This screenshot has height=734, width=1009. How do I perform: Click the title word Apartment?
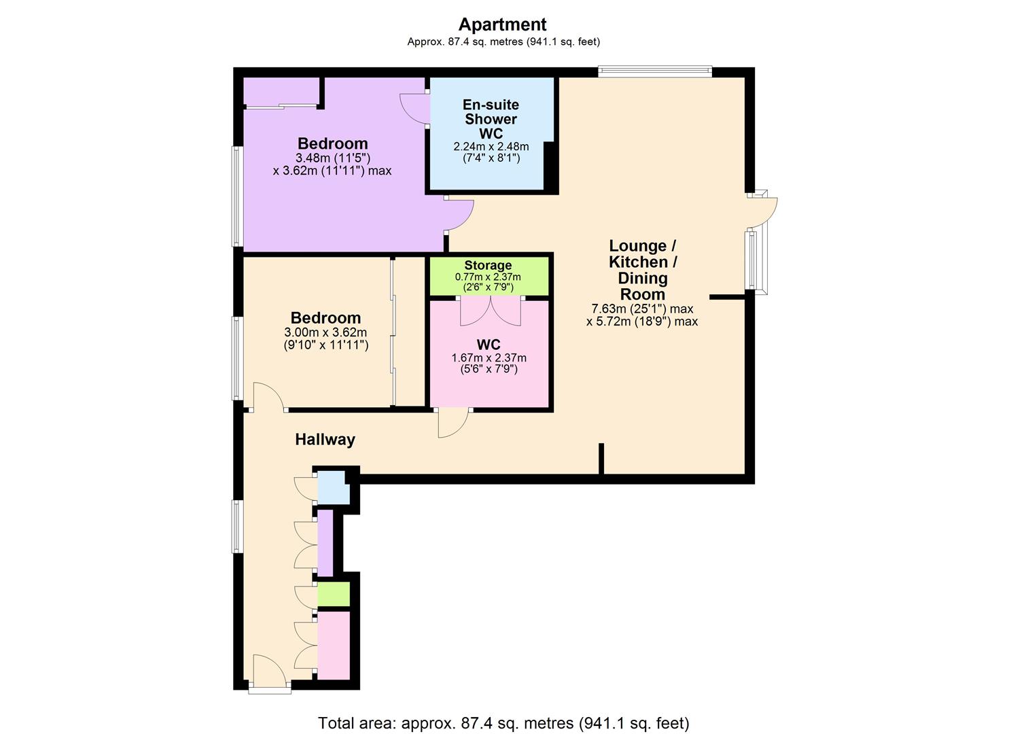point(502,24)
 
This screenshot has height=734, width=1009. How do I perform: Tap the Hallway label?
point(325,440)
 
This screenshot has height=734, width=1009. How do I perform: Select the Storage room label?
point(488,265)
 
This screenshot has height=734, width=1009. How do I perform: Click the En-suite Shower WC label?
point(491,119)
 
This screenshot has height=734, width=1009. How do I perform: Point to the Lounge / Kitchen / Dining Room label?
point(642,270)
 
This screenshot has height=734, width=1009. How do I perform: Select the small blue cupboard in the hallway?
point(332,488)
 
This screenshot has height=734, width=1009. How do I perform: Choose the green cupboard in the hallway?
point(333,594)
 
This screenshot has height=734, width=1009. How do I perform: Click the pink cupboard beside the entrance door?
point(334,644)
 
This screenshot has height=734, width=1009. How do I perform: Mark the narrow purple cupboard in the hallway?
point(325,542)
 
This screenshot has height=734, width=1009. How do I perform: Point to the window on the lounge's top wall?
point(654,71)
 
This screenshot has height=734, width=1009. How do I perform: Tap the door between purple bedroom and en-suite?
point(413,109)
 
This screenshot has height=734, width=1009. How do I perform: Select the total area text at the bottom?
point(503,722)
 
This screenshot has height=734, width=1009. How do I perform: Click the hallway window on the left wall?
point(236,526)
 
